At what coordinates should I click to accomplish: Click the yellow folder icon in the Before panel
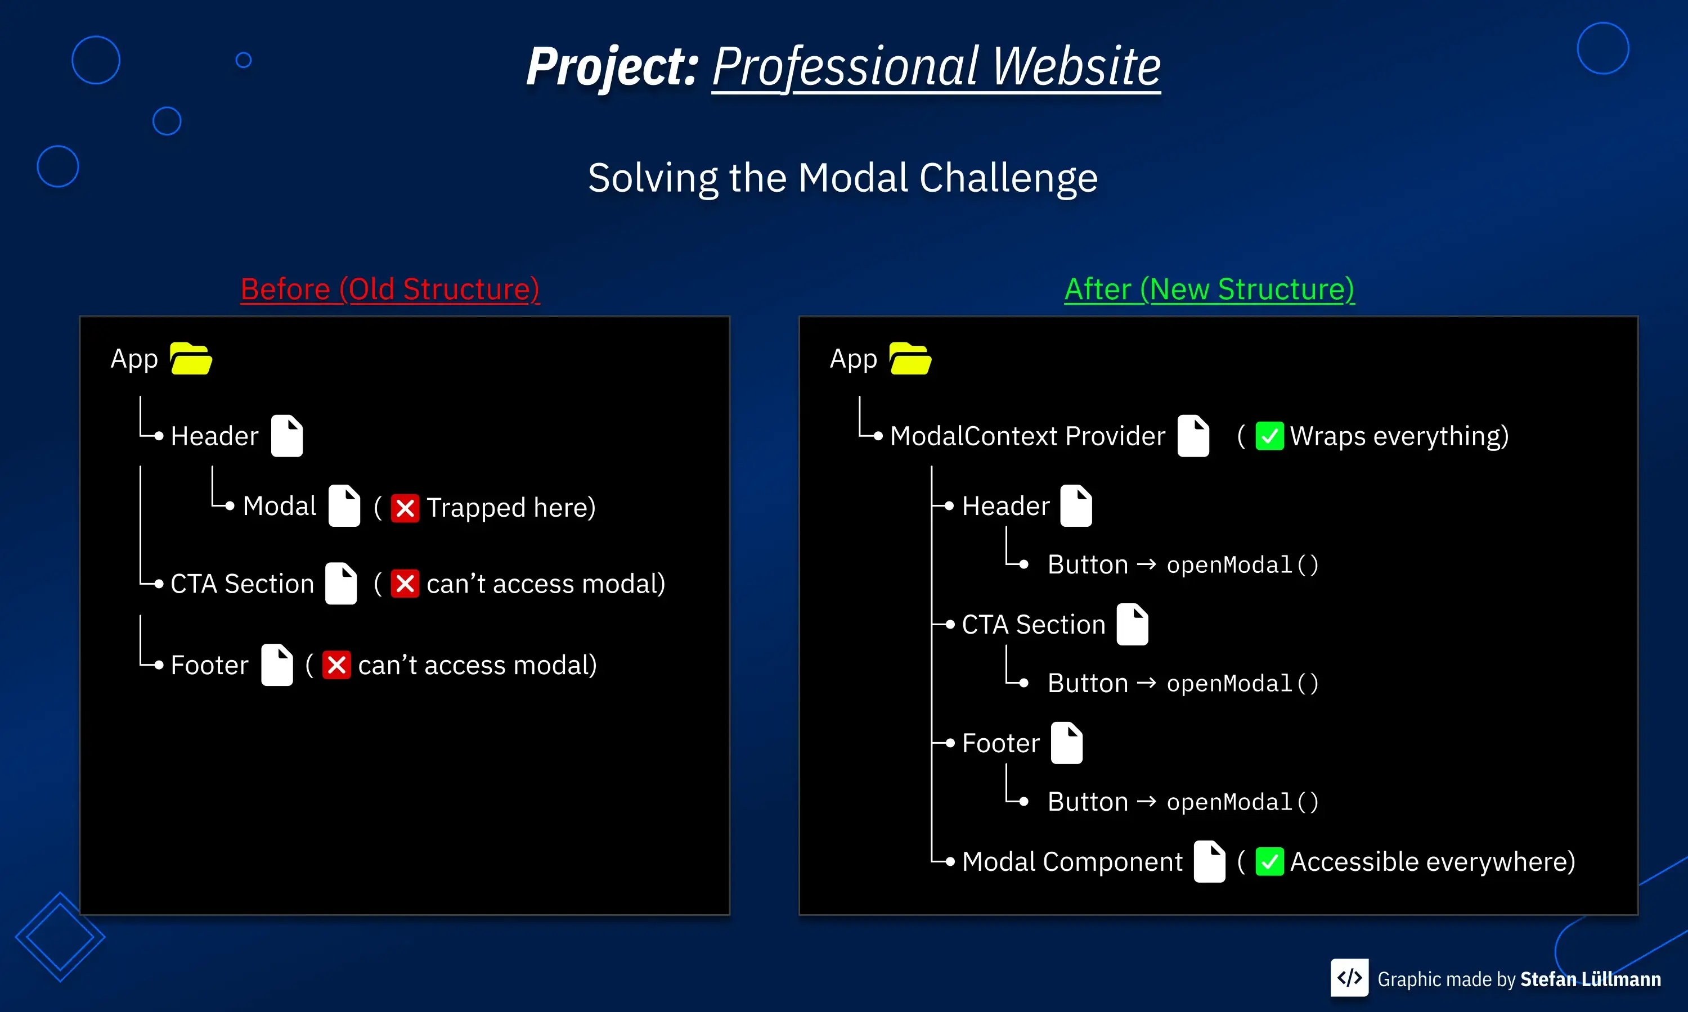[191, 359]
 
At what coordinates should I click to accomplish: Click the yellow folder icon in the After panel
[910, 359]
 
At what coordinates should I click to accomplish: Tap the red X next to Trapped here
[405, 508]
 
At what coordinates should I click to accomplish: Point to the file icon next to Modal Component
[1209, 862]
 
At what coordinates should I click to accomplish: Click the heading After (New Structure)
[1209, 289]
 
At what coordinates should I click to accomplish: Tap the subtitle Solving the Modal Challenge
[843, 178]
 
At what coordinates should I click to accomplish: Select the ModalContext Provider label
[1027, 436]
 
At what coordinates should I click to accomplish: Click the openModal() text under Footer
[1242, 802]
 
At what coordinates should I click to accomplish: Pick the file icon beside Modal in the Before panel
[344, 506]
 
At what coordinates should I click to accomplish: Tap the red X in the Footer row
[336, 665]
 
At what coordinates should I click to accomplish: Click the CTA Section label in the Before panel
[241, 584]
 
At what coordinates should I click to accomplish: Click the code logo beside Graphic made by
[1349, 978]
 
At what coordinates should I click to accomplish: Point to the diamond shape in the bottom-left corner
[60, 937]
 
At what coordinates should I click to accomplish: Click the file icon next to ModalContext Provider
[1193, 436]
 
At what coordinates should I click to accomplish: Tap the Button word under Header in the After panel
[1087, 564]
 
